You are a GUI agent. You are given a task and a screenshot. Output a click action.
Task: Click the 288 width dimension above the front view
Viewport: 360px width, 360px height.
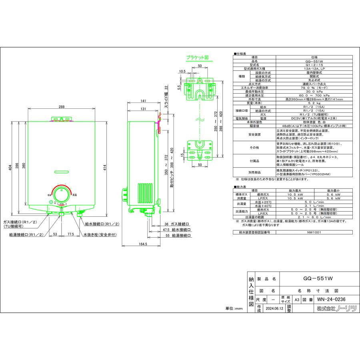point(61,107)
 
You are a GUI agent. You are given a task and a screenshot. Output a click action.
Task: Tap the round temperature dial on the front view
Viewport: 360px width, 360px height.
point(62,195)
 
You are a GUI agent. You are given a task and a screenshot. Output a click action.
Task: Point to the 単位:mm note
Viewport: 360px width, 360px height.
point(234,309)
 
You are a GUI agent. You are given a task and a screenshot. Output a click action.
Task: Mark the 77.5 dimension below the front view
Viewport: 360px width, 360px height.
point(70,234)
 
